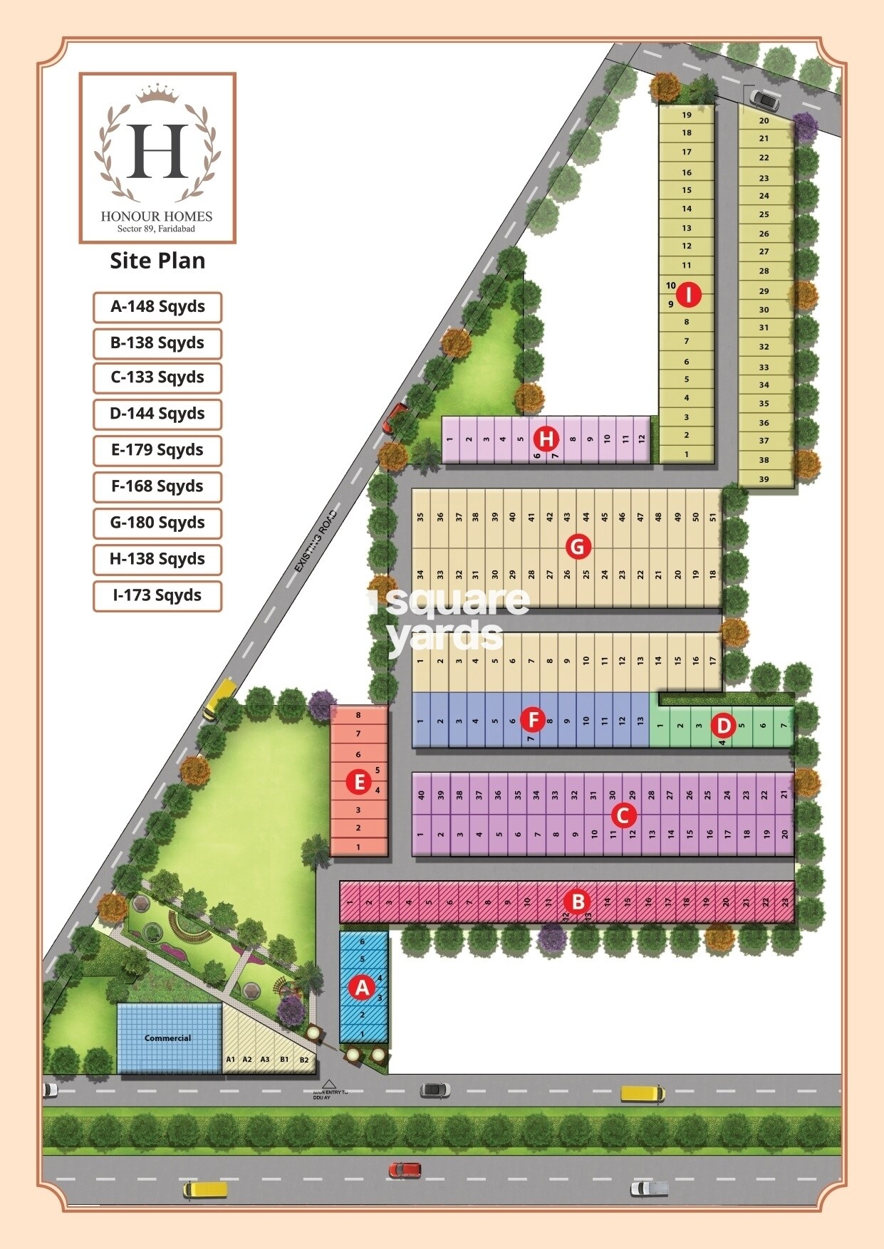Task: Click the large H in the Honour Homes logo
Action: [x=157, y=151]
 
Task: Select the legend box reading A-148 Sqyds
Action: [x=157, y=307]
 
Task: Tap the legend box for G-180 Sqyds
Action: [x=157, y=523]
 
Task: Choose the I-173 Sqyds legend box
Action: [x=157, y=595]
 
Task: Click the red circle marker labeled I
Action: [x=688, y=294]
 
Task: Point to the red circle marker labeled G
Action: [x=578, y=547]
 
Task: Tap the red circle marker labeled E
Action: [x=359, y=783]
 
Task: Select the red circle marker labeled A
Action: [x=362, y=988]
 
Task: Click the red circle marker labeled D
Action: [x=724, y=726]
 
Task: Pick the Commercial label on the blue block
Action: [x=168, y=1038]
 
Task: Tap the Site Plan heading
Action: [x=157, y=261]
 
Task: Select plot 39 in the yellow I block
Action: [x=764, y=479]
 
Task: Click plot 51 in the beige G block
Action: [x=713, y=517]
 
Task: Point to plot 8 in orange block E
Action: [x=358, y=715]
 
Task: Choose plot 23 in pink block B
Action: [x=785, y=902]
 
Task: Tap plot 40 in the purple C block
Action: [x=422, y=795]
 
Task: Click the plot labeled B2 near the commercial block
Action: [x=304, y=1060]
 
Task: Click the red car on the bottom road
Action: [x=405, y=1169]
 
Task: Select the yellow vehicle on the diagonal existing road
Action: [x=219, y=698]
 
